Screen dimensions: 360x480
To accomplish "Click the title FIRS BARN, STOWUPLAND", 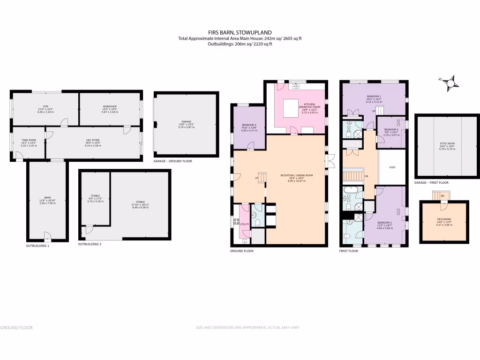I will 240,32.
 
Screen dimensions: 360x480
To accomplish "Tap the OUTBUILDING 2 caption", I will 90,244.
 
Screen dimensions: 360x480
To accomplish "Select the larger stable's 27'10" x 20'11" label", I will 141,203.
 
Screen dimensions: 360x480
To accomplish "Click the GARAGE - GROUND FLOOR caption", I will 172,161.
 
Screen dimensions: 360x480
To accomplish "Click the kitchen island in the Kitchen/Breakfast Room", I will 292,108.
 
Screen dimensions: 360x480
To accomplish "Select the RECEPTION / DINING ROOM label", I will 296,177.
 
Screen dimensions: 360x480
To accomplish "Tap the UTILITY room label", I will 244,225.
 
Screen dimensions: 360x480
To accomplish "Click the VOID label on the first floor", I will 392,167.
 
